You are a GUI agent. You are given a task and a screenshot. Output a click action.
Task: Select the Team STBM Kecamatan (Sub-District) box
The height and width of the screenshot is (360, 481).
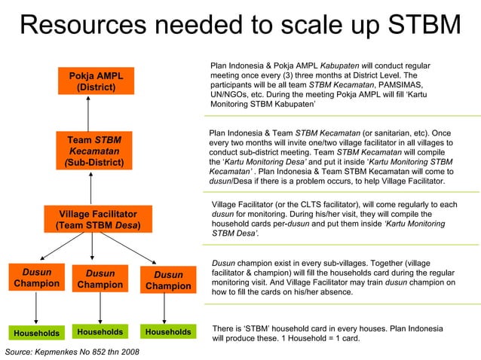(90, 151)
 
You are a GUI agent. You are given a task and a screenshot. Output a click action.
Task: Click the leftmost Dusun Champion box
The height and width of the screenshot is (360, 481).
(36, 278)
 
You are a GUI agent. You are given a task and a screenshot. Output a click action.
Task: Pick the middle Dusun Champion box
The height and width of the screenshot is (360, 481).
(100, 279)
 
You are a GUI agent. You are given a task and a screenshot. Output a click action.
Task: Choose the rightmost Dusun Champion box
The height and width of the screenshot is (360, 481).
(168, 281)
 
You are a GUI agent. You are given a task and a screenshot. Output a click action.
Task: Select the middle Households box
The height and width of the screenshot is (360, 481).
(100, 332)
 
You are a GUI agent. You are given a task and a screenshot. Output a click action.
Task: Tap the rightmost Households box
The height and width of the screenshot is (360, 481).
(168, 332)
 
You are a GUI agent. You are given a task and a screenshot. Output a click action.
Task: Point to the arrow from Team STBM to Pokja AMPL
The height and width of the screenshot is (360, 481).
(89, 114)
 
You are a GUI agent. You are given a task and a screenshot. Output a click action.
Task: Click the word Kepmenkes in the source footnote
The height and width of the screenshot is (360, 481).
(52, 352)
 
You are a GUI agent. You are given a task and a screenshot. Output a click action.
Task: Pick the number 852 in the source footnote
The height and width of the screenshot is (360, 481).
(97, 352)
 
